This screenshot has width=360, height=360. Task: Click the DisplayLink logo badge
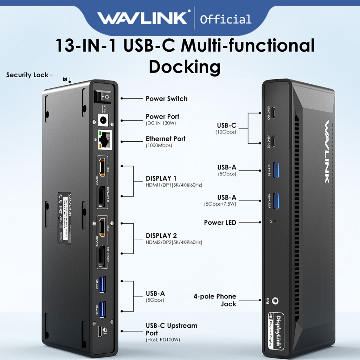coord(275,332)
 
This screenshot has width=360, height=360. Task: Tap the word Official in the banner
coord(225,19)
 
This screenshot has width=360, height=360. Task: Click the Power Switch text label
coord(167,99)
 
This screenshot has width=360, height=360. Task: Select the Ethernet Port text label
coord(166,139)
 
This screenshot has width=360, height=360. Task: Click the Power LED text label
coord(220,223)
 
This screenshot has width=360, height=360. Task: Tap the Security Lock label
coord(29,75)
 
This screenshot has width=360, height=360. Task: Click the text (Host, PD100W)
coord(163,340)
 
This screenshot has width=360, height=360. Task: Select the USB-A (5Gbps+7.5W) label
coord(220,200)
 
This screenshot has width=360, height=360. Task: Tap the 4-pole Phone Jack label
coord(215,300)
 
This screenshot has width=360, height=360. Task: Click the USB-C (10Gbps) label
coord(226,128)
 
